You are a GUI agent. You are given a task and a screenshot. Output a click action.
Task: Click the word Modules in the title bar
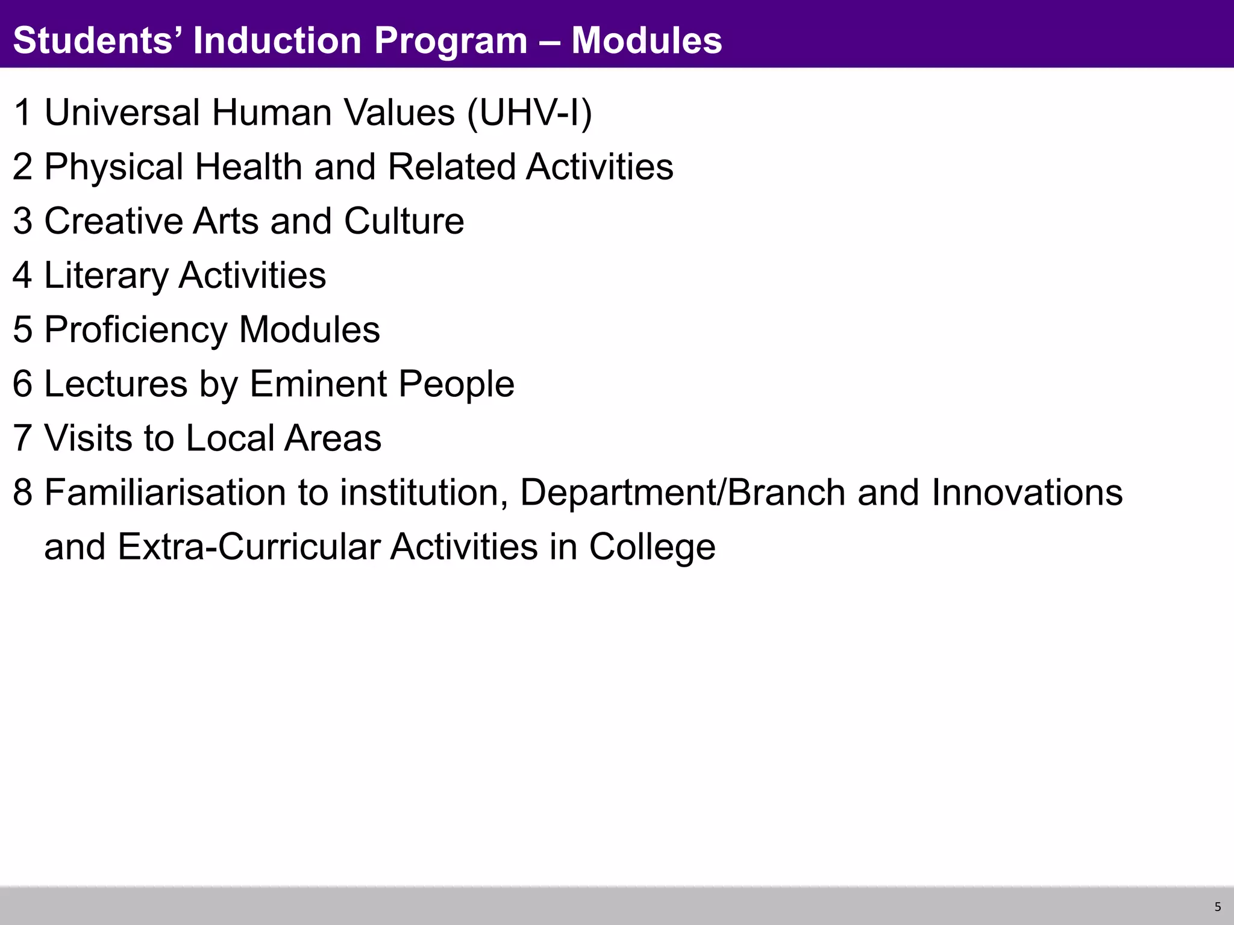[647, 40]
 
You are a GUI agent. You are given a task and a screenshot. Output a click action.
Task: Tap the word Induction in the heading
[277, 40]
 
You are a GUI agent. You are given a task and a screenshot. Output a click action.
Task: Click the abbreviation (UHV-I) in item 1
[530, 113]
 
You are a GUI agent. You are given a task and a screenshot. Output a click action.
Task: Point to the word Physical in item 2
[114, 167]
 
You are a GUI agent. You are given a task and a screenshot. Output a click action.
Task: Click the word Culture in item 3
[404, 221]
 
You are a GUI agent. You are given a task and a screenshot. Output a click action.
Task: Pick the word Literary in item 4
[106, 276]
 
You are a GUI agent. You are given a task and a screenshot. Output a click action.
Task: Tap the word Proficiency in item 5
[136, 330]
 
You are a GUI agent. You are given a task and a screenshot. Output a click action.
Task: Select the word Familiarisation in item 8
[164, 492]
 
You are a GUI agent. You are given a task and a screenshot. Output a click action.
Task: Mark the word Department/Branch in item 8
[683, 492]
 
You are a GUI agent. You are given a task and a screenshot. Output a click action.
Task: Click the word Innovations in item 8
[1027, 492]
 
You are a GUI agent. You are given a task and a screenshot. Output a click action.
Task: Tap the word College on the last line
[652, 547]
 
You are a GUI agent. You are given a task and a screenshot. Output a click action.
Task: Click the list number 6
[23, 384]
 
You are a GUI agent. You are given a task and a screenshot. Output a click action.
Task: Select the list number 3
[23, 221]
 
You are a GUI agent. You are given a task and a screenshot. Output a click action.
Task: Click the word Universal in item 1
[122, 113]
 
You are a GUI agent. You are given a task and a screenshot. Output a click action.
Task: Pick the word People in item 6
[456, 384]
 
